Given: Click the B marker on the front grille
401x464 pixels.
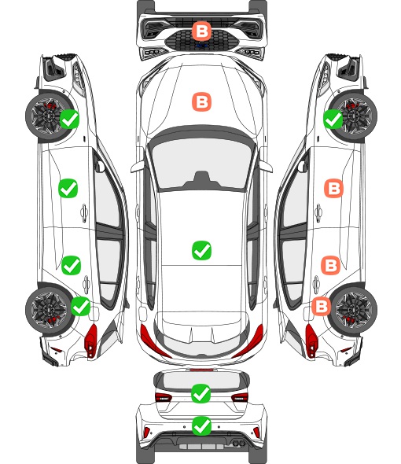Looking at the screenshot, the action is coord(201,31).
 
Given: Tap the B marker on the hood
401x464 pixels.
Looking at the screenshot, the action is coord(201,102).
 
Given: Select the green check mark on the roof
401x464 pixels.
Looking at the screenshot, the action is coord(201,250).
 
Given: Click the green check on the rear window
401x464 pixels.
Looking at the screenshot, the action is coord(201,393).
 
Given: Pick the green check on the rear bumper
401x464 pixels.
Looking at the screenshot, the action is coord(201,426).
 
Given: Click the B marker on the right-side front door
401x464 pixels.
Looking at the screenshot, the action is coord(334,188).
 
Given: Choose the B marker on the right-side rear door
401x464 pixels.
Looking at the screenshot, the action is coord(331,266).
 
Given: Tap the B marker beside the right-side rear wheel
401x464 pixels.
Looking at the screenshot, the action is coord(322,306).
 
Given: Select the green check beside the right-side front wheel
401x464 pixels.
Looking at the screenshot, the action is coord(333,120).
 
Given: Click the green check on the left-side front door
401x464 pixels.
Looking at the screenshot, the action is coord(68,188).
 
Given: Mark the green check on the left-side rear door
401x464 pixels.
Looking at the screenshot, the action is coord(71,265).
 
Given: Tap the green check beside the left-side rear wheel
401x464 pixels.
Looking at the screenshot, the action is coord(81,306).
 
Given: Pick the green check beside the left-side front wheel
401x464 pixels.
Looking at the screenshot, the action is coord(69,119).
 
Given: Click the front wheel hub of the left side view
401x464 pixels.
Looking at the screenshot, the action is coord(47,116).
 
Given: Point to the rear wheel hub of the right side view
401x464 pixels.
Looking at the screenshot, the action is coord(354,310).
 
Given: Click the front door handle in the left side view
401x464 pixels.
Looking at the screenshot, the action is coord(84,212).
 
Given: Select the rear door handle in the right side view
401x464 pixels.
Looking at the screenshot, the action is coord(317,285).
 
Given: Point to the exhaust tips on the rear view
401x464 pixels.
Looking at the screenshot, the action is coord(238,444).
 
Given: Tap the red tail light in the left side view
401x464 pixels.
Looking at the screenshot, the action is coord(91,341).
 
